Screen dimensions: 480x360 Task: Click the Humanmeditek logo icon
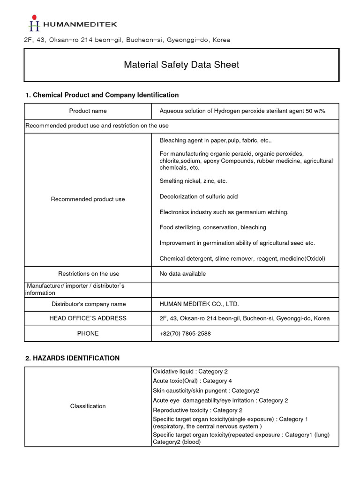coord(34,23)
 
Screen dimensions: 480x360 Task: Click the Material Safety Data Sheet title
coord(181,65)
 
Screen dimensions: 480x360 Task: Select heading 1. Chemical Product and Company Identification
coord(102,95)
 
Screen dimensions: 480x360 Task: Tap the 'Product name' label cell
coord(88,111)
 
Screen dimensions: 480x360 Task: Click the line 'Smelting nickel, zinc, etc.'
coord(193,181)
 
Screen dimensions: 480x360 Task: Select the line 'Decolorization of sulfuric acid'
coord(199,196)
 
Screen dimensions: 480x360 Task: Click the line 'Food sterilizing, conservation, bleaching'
coord(213,227)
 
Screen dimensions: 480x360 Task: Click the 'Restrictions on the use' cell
coord(89,274)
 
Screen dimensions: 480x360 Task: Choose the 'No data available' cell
coord(182,274)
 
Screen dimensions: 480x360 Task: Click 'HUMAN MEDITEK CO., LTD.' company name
coord(199,304)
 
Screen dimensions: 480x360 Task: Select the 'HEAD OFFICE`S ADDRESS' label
coord(88,318)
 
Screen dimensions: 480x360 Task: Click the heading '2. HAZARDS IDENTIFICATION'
coord(72,358)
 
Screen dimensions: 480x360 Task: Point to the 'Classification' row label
coord(88,406)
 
